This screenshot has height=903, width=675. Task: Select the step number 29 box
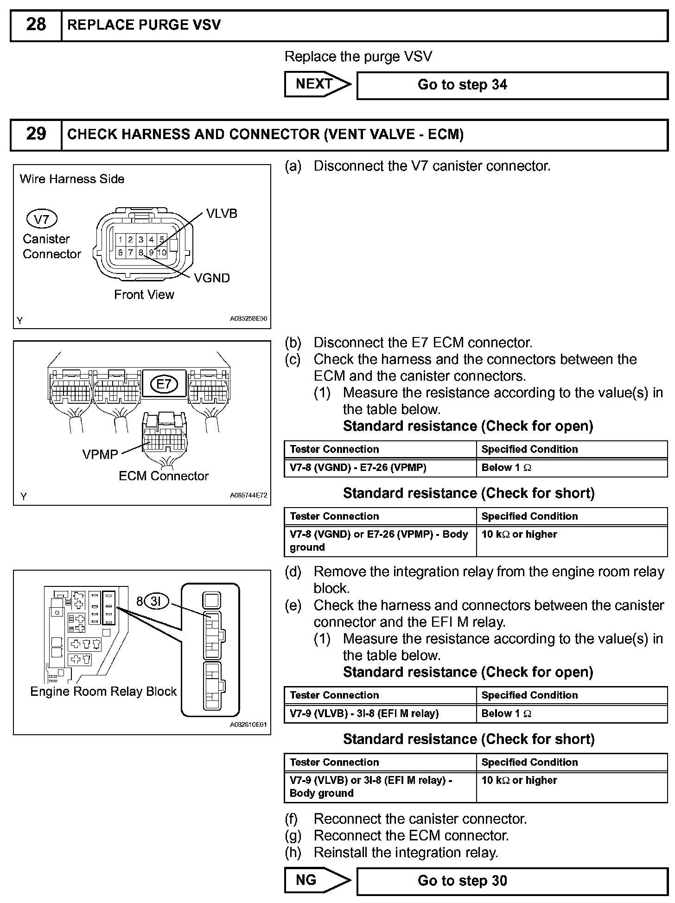pos(36,134)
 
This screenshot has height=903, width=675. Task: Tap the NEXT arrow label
pos(315,84)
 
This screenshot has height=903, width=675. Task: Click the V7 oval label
pos(42,219)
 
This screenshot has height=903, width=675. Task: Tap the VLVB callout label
pos(222,213)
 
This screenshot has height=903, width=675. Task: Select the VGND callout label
pos(212,278)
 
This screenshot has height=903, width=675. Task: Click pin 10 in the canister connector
pos(162,253)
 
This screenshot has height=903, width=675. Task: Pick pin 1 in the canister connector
pos(121,240)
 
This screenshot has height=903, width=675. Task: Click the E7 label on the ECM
pos(164,383)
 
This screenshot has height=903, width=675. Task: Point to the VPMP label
pos(100,454)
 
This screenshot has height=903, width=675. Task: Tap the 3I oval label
pos(156,602)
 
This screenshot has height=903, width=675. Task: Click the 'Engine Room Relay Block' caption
pos(103,691)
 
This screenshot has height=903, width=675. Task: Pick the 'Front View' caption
pos(144,294)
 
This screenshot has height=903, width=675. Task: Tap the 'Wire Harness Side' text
pos(72,179)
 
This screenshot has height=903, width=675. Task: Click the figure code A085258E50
pos(248,319)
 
